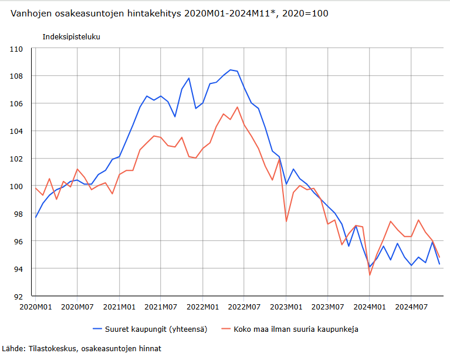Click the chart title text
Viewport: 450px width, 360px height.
169,14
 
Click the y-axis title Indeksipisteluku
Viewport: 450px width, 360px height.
71,36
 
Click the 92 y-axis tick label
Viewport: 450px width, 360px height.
18,297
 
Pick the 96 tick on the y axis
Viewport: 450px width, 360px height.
18,241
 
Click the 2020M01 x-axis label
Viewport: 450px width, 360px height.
36,307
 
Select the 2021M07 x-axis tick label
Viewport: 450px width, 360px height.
161,307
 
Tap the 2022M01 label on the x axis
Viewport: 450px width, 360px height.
202,307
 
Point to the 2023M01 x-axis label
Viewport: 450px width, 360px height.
286,307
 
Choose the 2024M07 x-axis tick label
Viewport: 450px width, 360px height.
411,307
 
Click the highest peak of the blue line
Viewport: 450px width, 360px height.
230,70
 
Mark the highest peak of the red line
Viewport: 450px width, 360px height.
237,107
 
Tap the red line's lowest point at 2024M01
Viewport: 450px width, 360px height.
370,275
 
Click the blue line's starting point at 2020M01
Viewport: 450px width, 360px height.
36,217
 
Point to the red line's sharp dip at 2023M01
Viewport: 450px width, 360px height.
286,221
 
